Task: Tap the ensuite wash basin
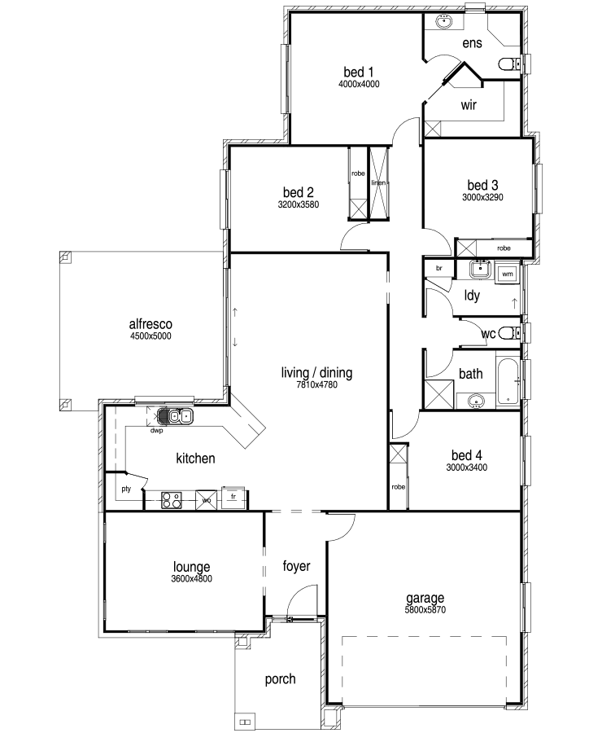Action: coord(444,21)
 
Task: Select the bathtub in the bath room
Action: coord(508,382)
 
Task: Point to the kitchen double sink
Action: coord(175,415)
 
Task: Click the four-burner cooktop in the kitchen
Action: coord(172,500)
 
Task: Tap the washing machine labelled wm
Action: coord(507,274)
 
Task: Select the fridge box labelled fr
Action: coord(233,498)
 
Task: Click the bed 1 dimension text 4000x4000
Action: coord(359,84)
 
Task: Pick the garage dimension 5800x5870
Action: coord(425,609)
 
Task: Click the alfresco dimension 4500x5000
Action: coord(150,336)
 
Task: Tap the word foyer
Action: coord(297,566)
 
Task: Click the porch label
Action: coord(280,679)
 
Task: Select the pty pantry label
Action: coord(126,489)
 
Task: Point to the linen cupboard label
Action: coord(378,182)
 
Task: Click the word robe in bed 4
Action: coord(399,487)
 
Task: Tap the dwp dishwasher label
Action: coord(156,431)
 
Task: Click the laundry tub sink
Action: coord(480,270)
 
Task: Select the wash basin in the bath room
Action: coord(476,401)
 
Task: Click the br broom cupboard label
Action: coord(439,268)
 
